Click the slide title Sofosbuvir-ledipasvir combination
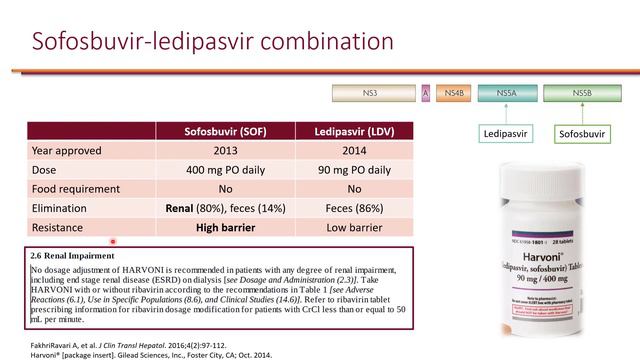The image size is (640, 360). click(212, 41)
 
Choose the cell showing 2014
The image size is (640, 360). click(354, 151)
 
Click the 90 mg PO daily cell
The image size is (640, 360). click(354, 170)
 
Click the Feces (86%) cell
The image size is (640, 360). click(354, 208)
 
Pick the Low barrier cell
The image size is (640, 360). click(354, 227)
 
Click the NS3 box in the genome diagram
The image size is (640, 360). click(375, 93)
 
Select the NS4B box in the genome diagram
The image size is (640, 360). click(453, 93)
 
